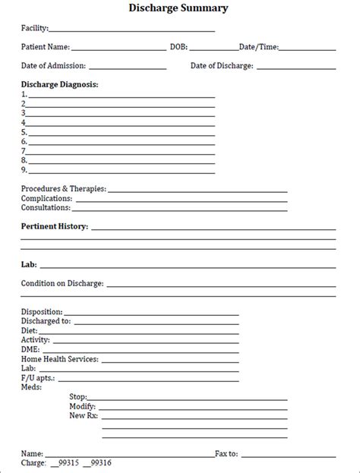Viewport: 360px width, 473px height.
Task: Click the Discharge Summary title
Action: click(180, 8)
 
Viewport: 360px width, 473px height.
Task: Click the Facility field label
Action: click(35, 28)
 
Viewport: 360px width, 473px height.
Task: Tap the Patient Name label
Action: click(46, 47)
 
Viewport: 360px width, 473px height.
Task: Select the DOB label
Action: click(179, 47)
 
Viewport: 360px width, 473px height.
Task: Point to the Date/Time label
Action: click(258, 47)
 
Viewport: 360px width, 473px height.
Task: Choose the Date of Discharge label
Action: click(222, 66)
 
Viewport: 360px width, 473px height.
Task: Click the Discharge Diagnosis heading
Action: click(60, 84)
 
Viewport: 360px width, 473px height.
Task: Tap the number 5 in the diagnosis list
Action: click(24, 132)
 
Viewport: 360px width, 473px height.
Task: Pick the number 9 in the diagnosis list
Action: click(24, 169)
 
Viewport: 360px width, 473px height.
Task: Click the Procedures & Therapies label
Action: click(64, 188)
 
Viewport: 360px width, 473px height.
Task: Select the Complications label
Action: click(47, 198)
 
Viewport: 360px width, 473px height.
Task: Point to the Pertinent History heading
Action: click(55, 226)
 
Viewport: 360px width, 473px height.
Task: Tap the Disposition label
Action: click(43, 311)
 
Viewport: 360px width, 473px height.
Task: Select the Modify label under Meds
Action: click(82, 406)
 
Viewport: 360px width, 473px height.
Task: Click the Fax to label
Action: click(226, 453)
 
